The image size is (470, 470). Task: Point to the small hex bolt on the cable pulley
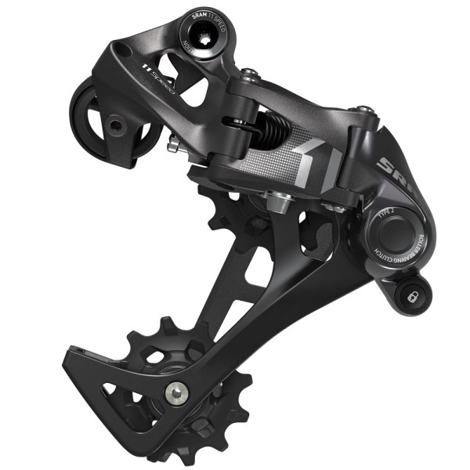click(x=115, y=125)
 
